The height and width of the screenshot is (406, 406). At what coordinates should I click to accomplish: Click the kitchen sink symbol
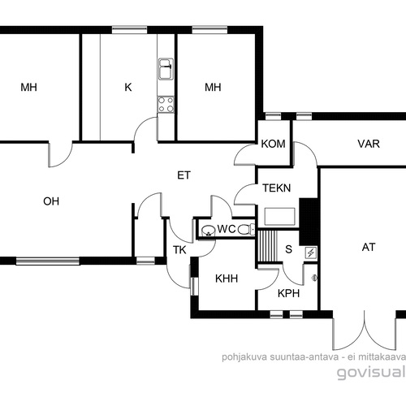click(166, 69)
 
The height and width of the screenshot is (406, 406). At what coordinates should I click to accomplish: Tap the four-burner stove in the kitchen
click(166, 105)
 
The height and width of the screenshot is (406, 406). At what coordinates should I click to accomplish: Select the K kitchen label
click(128, 87)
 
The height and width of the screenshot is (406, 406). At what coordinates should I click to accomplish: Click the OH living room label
click(51, 201)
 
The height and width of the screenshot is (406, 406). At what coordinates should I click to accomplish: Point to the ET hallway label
click(184, 175)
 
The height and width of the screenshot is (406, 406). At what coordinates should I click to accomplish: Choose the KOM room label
click(273, 144)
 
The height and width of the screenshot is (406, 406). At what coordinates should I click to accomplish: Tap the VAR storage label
click(369, 144)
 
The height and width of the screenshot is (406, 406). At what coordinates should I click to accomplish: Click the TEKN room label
click(277, 188)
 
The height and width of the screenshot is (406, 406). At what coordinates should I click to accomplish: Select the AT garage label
click(369, 247)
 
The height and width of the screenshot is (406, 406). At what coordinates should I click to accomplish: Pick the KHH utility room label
click(227, 279)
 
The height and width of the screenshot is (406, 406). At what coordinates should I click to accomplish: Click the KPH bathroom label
click(288, 293)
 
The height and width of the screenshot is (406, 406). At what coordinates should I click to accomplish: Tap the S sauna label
click(289, 249)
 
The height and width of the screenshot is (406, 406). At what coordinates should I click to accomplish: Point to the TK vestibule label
click(179, 250)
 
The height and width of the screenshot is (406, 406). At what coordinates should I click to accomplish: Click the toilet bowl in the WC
click(246, 230)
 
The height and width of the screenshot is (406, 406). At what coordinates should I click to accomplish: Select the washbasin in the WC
click(208, 231)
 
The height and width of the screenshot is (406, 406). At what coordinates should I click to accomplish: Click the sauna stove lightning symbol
click(311, 253)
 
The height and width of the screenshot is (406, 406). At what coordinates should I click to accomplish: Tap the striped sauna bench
click(267, 246)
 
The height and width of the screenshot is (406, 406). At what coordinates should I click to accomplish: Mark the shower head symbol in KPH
click(314, 278)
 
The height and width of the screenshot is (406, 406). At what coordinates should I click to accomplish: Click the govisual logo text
click(371, 372)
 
